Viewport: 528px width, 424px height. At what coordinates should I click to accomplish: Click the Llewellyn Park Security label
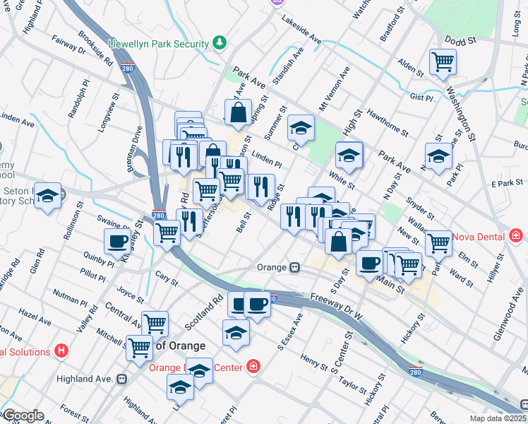(x=160, y=44)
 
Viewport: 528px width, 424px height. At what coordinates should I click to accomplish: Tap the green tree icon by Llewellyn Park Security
(x=220, y=43)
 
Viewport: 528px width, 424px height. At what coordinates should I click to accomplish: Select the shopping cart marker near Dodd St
(x=443, y=62)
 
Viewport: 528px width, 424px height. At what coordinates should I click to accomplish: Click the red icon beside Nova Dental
(x=517, y=234)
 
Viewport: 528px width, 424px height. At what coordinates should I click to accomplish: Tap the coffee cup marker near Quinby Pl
(x=117, y=242)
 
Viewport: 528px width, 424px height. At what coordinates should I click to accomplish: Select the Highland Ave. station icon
(x=122, y=379)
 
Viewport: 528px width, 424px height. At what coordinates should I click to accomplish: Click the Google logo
(x=23, y=416)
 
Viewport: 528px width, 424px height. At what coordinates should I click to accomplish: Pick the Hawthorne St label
(x=388, y=118)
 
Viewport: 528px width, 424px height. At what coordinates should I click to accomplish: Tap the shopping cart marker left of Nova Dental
(x=438, y=242)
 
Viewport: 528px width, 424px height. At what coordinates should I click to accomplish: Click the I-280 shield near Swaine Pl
(x=159, y=216)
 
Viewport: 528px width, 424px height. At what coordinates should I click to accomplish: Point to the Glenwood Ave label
(x=508, y=319)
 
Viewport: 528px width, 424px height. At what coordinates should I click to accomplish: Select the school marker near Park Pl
(x=438, y=157)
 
